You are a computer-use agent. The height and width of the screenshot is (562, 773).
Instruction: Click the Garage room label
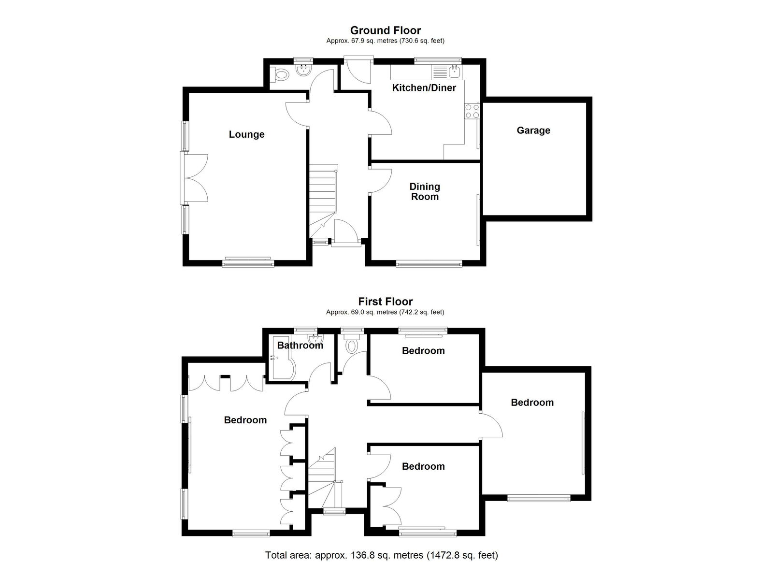533,130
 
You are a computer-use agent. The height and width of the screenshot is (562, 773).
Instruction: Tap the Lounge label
246,134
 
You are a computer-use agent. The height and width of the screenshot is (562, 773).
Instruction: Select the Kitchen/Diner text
424,87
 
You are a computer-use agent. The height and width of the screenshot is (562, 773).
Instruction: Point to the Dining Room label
425,191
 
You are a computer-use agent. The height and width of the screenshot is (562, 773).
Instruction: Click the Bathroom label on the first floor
300,345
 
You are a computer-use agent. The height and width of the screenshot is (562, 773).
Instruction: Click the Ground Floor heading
386,30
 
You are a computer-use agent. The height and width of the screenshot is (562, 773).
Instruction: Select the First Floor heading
386,302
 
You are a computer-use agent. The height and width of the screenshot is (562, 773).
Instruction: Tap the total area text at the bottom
382,546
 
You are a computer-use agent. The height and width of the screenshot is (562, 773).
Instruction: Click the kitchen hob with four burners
472,111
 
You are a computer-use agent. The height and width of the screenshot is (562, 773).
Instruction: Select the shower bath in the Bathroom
283,367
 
